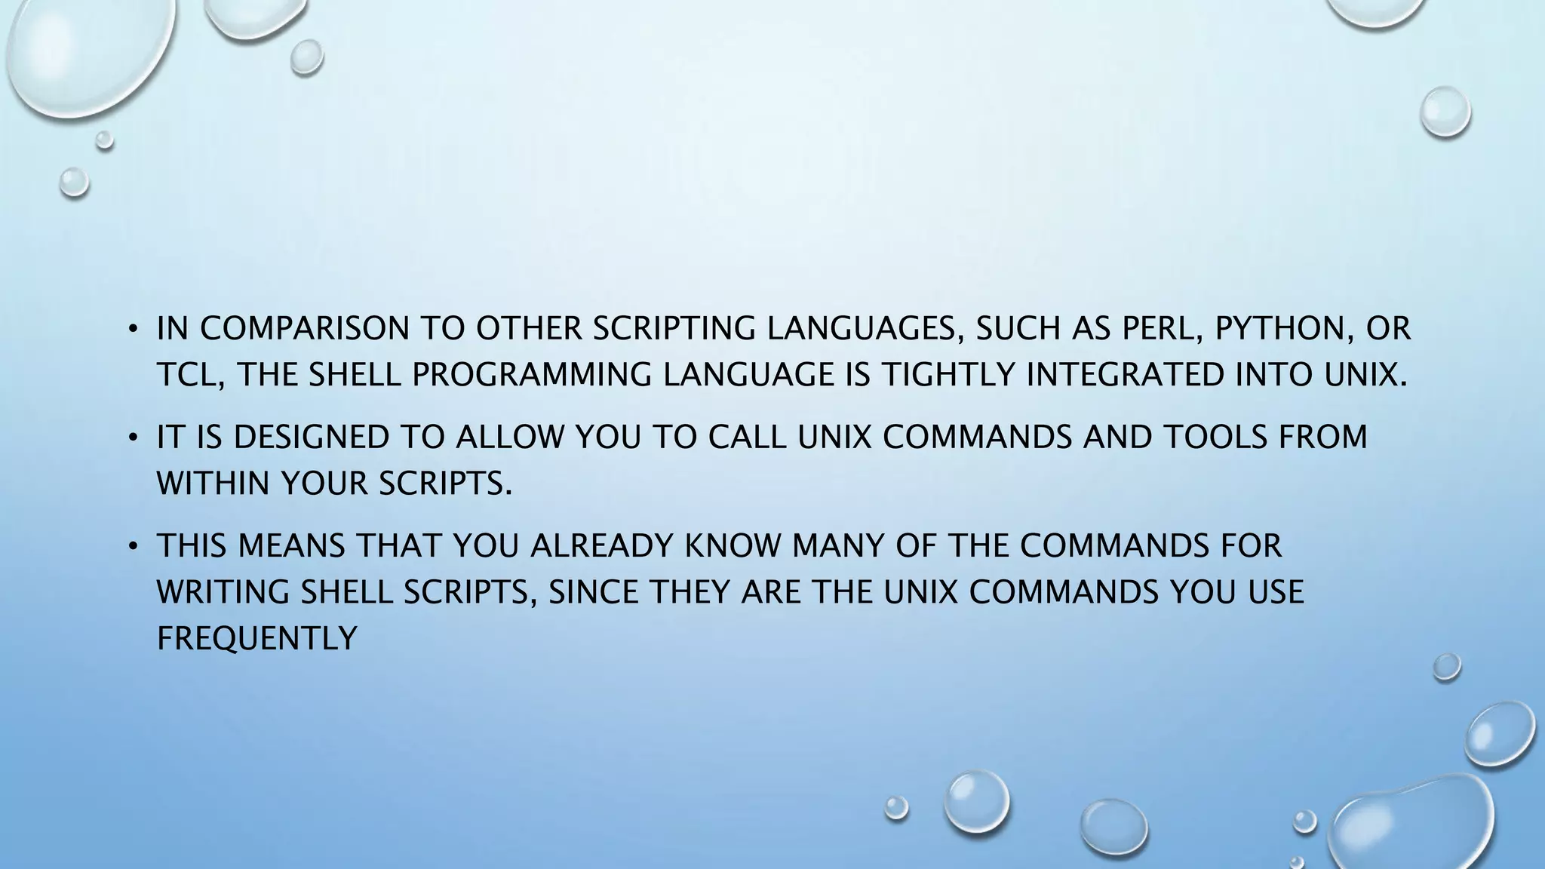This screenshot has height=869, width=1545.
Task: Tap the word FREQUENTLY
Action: click(256, 640)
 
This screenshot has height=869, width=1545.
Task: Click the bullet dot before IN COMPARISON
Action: click(132, 330)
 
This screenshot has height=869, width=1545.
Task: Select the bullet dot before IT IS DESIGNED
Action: click(132, 438)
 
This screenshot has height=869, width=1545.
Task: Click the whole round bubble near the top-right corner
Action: click(1445, 112)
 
